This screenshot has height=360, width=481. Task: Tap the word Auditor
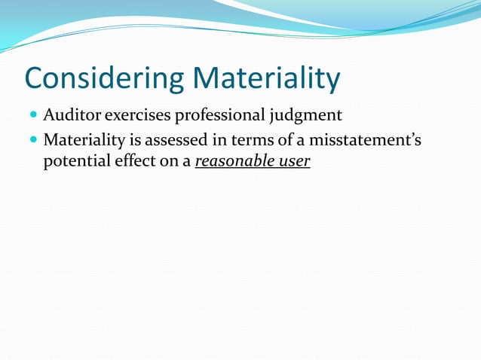pos(72,116)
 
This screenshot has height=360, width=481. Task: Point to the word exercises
pos(138,116)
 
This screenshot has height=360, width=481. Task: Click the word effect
pos(135,161)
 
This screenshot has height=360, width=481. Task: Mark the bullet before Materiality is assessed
pos(34,141)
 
